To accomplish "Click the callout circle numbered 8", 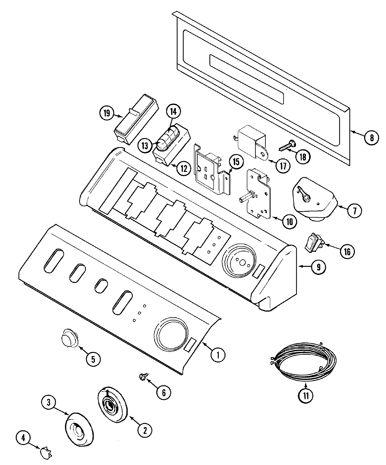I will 372,138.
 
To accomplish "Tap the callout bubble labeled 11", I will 306,396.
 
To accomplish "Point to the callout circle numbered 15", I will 236,162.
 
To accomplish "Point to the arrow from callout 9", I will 304,266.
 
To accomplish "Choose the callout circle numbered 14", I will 173,111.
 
